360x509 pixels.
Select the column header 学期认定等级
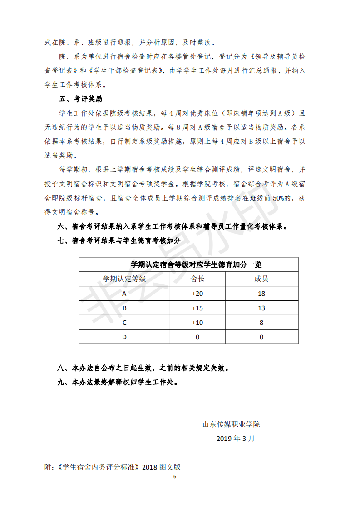[x=124, y=279]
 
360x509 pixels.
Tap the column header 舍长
[x=197, y=279]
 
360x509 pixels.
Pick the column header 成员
[x=261, y=279]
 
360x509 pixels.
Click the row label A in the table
[x=124, y=294]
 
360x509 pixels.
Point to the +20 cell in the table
[x=197, y=294]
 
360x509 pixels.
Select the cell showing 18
[x=261, y=294]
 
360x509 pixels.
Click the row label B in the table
[x=124, y=308]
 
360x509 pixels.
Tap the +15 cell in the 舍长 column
[x=197, y=308]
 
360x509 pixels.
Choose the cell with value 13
[x=261, y=308]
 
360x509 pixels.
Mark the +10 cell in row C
[x=197, y=323]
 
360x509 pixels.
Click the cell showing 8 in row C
[x=261, y=323]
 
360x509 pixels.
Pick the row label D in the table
[x=124, y=337]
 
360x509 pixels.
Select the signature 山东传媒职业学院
[x=231, y=425]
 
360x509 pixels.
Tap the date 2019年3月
[x=236, y=438]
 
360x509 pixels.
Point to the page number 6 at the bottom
[x=174, y=477]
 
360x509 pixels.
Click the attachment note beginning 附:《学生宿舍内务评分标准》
[x=113, y=467]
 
